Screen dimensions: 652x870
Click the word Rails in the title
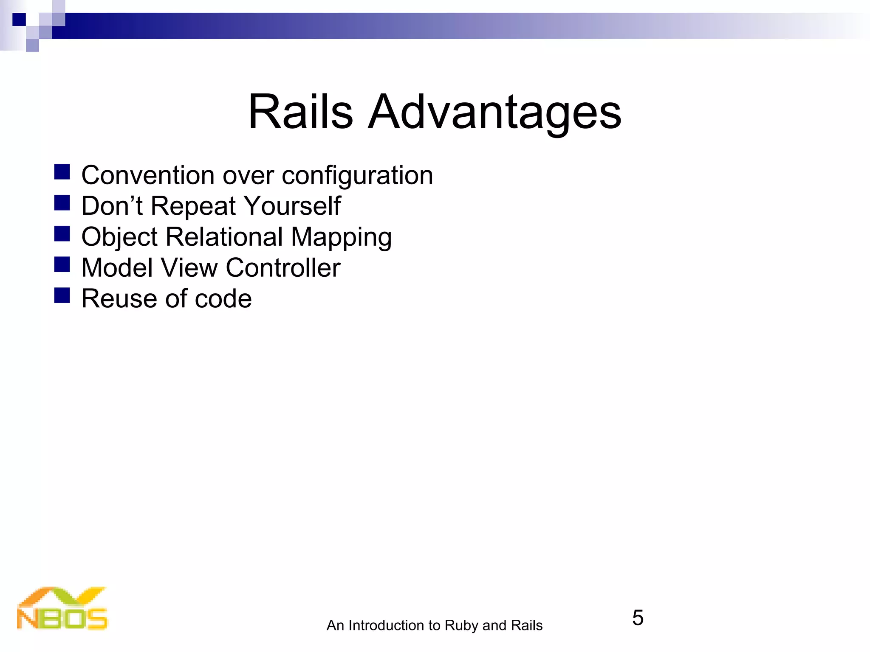[300, 112]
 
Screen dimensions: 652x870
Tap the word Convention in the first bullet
[148, 175]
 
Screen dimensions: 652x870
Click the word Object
[119, 237]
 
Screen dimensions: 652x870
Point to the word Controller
[283, 268]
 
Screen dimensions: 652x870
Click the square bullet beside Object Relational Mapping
[62, 233]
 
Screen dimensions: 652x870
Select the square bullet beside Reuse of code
[62, 295]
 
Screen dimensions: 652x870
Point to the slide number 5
[638, 618]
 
